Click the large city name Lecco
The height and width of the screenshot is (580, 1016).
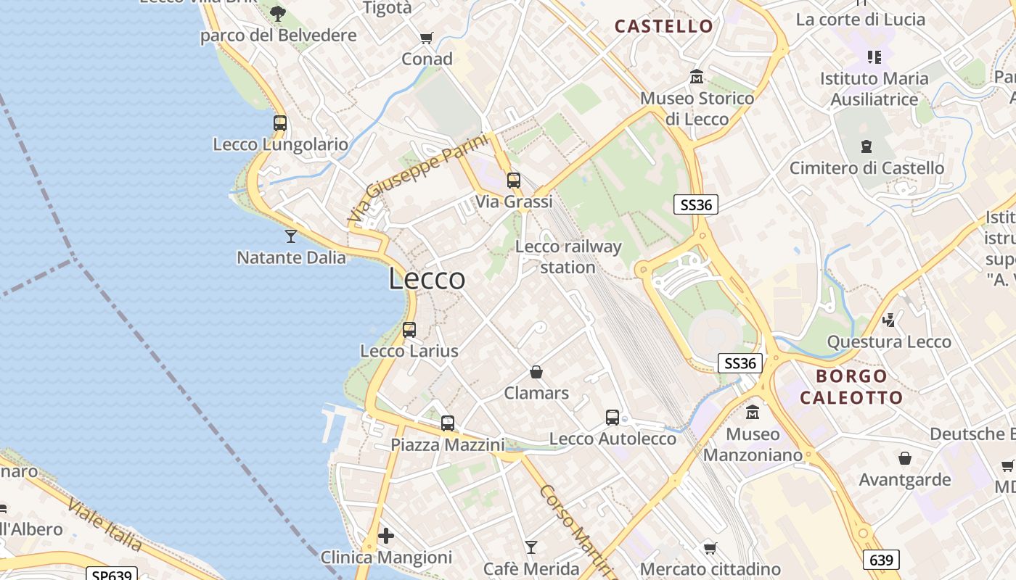(x=427, y=278)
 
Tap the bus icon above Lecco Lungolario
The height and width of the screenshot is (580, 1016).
(x=280, y=123)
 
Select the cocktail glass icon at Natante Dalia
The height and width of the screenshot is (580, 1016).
(x=291, y=236)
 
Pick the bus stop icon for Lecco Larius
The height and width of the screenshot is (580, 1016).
(x=409, y=330)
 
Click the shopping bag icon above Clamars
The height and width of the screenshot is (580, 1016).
(x=536, y=372)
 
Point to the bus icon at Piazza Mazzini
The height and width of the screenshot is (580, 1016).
(x=448, y=423)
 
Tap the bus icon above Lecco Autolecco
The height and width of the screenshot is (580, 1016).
(x=613, y=418)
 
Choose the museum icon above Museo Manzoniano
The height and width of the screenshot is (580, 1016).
(x=753, y=413)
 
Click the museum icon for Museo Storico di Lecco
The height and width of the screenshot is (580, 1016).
(x=697, y=76)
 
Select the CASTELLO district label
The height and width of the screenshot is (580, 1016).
(x=664, y=27)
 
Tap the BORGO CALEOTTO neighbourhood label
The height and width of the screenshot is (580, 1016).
(x=851, y=386)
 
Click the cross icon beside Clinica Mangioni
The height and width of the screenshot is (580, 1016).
(x=386, y=536)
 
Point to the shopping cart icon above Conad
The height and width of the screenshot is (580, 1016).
(x=427, y=38)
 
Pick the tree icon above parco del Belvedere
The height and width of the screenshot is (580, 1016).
(x=278, y=13)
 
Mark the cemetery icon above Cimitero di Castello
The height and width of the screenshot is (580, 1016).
(x=866, y=146)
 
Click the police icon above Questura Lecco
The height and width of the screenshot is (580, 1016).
(x=888, y=320)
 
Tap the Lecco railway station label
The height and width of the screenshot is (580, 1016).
(x=568, y=257)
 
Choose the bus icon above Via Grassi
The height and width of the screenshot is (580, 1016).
(x=514, y=181)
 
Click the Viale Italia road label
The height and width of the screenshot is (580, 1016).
(x=105, y=523)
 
